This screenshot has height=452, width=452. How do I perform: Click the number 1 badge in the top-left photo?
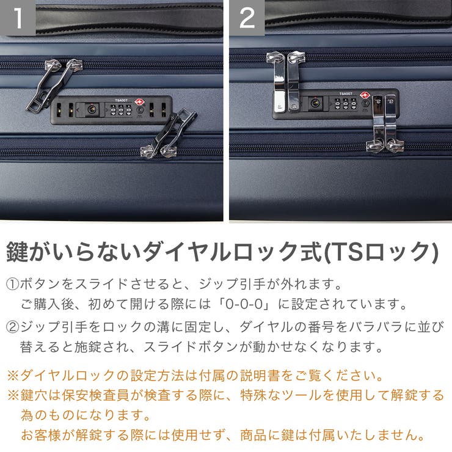pyautogui.click(x=18, y=18)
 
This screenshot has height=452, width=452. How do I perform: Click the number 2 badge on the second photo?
pyautogui.click(x=247, y=18)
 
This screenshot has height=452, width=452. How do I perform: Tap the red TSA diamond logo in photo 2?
pyautogui.click(x=364, y=96)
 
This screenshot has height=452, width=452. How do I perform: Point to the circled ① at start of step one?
pyautogui.click(x=12, y=285)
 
